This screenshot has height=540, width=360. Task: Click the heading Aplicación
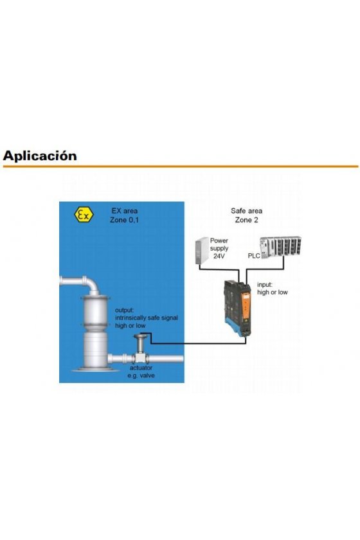coord(40,156)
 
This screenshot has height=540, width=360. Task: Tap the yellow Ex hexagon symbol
coord(84,215)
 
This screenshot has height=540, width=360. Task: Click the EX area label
coord(124,211)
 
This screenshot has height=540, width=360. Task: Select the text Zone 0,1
coord(124,220)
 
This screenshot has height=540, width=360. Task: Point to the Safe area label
coord(246,211)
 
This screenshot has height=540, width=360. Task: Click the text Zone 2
coord(246,220)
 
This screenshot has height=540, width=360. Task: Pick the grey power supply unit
coord(202,251)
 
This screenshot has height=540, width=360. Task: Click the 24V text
coord(219,256)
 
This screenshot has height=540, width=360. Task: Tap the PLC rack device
coord(280,248)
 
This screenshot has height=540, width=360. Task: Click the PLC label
coord(254,256)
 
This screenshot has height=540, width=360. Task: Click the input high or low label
coord(272,289)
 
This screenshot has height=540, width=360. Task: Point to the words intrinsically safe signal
coord(147,318)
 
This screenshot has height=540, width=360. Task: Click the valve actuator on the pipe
coord(140,348)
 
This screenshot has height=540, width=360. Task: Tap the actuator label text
coord(141,368)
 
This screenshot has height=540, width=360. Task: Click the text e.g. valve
coord(141,375)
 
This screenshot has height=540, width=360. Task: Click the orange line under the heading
coord(181,166)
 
